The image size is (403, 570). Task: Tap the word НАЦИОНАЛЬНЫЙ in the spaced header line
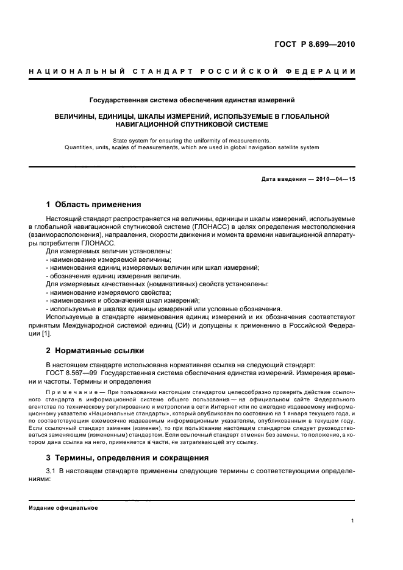76,72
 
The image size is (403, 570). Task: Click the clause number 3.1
51,471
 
